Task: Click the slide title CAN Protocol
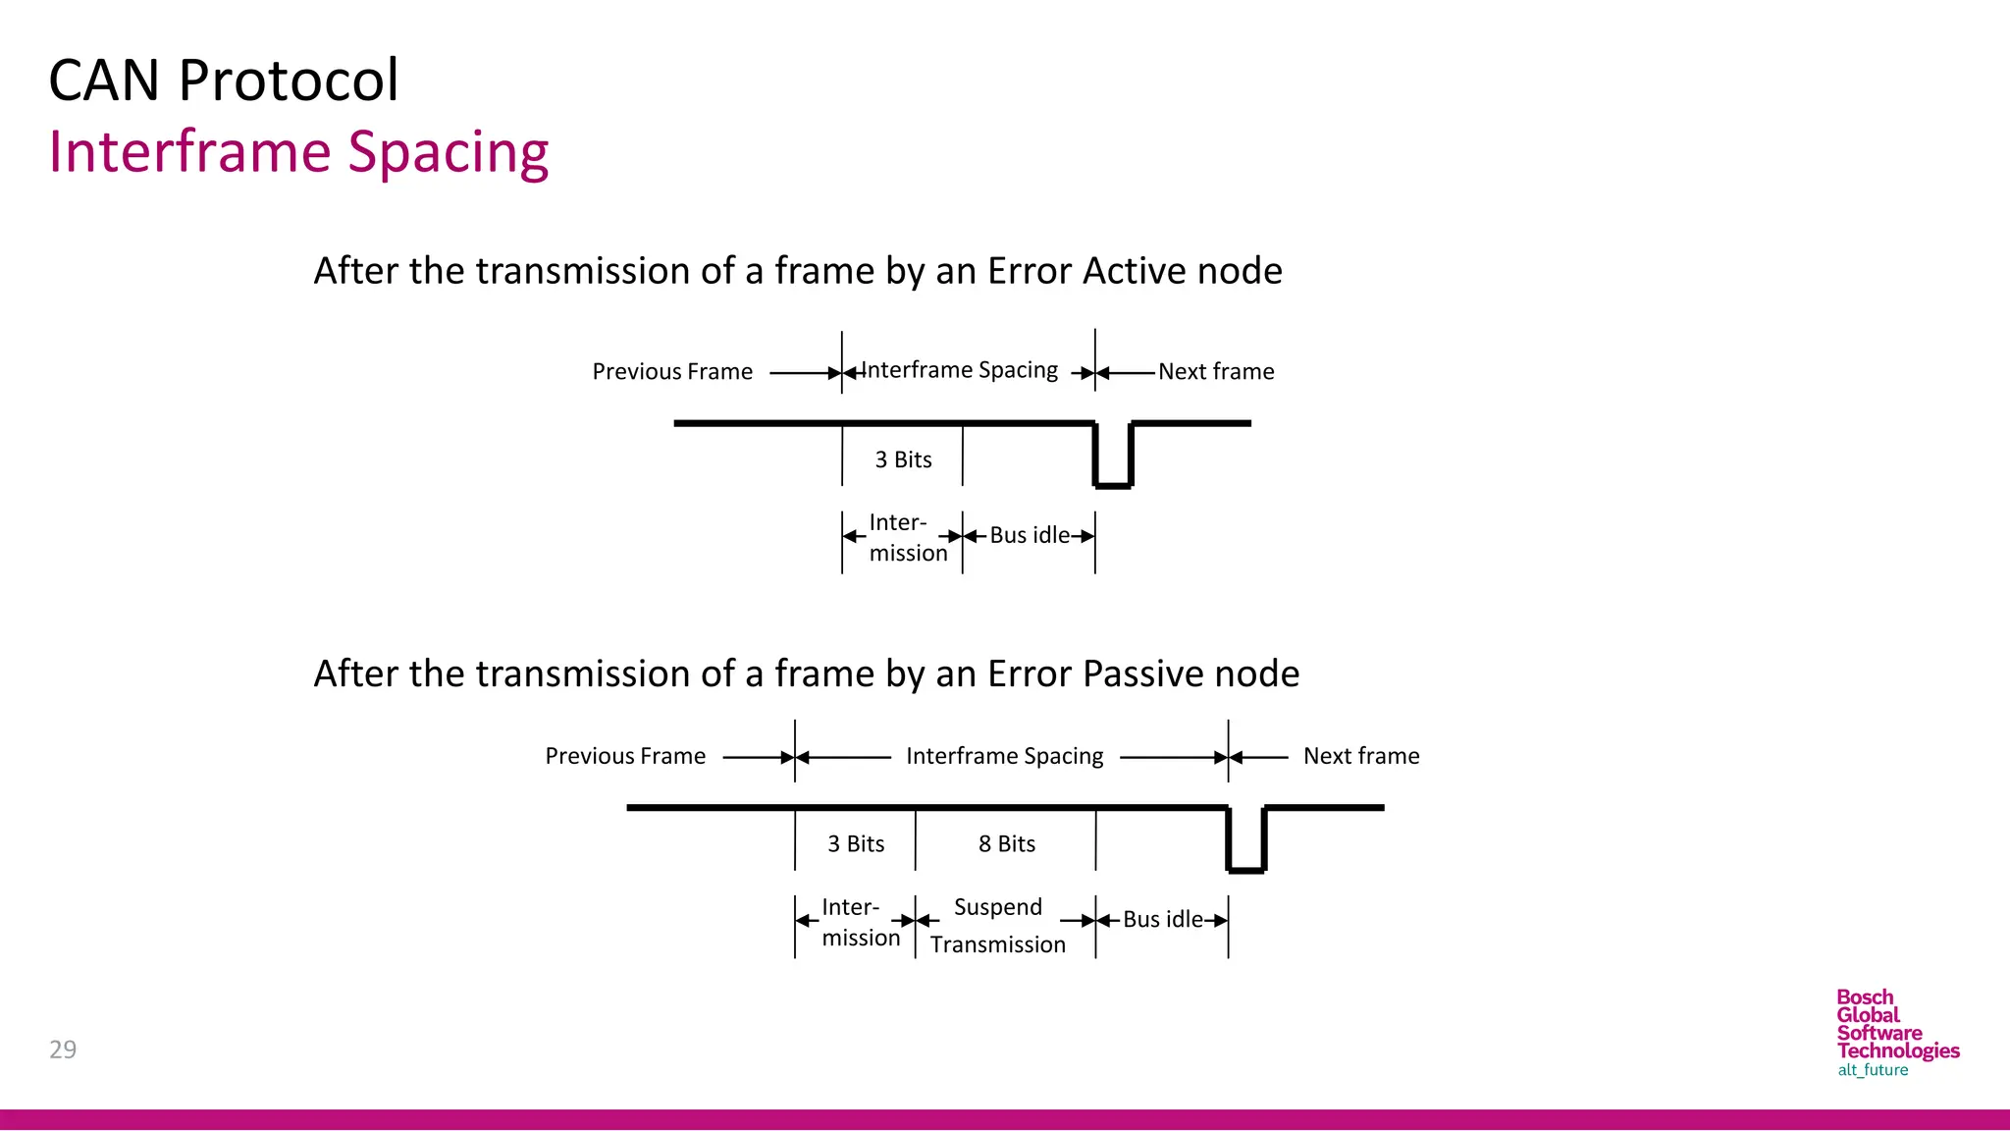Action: pos(224,81)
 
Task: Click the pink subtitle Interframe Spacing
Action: pos(298,153)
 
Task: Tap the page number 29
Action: pos(63,1050)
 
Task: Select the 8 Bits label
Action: pos(1006,844)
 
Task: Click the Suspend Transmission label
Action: pos(997,925)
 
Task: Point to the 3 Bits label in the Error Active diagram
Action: pos(903,459)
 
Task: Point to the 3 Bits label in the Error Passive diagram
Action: pos(856,844)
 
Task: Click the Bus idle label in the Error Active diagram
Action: pos(1029,535)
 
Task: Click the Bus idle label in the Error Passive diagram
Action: pos(1162,920)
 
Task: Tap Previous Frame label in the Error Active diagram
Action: pos(672,372)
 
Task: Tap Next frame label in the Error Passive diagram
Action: pos(1360,756)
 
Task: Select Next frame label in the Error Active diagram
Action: pos(1215,372)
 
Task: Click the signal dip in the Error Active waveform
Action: pos(1113,471)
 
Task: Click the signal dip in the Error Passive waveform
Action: pos(1246,856)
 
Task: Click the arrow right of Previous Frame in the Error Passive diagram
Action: pos(757,757)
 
